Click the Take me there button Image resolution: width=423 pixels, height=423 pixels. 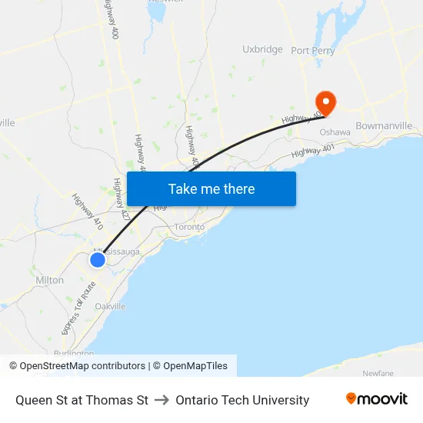point(211,188)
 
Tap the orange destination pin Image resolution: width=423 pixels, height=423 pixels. point(326,102)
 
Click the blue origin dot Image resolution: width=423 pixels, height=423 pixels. point(98,260)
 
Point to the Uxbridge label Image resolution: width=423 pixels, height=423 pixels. point(262,49)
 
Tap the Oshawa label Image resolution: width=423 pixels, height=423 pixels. point(335,132)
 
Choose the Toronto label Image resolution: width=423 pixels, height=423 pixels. point(189,227)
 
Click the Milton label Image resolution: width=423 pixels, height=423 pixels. point(50,281)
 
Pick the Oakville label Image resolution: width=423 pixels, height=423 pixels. point(110,306)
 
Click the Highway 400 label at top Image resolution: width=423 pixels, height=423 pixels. point(112,20)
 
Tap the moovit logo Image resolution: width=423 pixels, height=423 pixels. point(377,398)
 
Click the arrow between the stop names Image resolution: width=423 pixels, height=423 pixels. point(162,400)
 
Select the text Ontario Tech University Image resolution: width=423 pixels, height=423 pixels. point(242,400)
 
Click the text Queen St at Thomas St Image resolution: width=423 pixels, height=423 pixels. point(82,400)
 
